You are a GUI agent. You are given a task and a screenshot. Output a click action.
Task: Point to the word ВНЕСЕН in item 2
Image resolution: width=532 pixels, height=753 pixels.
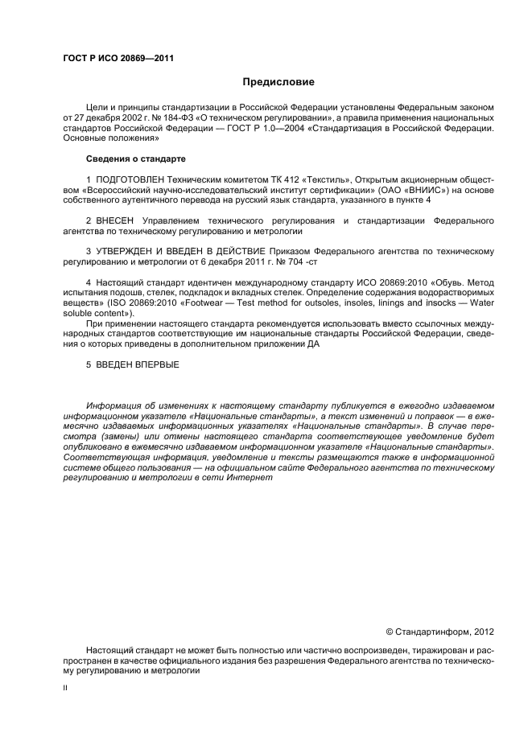pyautogui.click(x=117, y=219)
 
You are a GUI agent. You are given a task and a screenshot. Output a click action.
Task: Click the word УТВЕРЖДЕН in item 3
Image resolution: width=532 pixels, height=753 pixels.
pyautogui.click(x=129, y=251)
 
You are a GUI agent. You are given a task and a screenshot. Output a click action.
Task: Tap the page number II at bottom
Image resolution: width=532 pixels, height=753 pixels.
pyautogui.click(x=65, y=688)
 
